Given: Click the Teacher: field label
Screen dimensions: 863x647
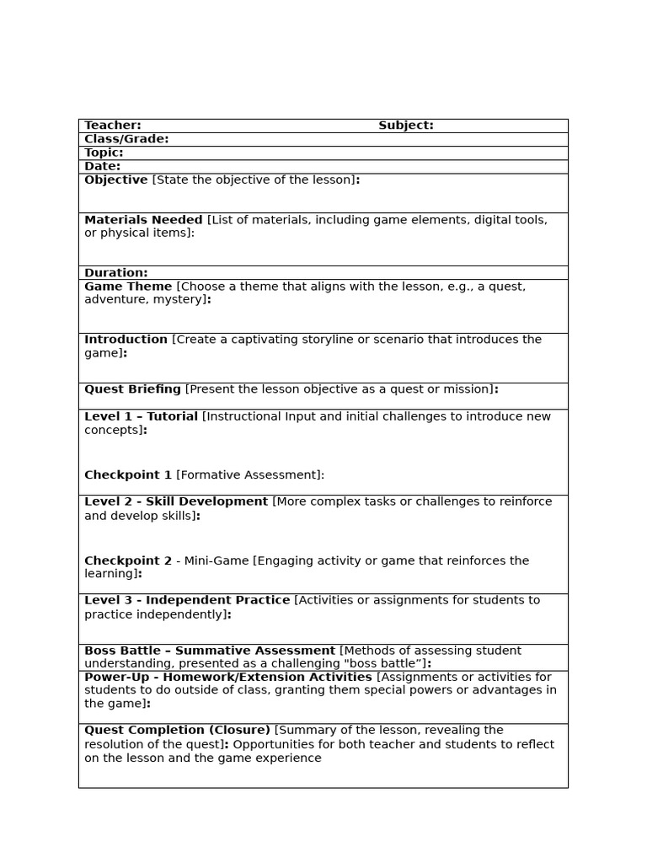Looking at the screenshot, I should pos(113,126).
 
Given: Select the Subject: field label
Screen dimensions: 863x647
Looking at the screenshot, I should pos(405,126).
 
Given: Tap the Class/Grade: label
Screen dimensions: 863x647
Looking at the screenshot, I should pos(126,139).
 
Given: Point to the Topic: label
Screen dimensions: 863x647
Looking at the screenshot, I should pos(104,153).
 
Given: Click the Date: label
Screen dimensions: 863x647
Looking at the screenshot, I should pos(102,166).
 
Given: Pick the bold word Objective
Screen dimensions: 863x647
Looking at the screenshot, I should pos(116,180).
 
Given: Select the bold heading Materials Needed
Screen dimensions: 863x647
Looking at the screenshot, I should pos(143,220).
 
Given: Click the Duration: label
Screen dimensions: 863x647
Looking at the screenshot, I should pos(115,273).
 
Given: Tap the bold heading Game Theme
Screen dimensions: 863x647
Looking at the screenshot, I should pos(128,287).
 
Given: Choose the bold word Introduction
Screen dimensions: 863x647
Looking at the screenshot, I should pos(126,340).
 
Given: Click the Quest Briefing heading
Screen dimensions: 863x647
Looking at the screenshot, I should pos(132,389).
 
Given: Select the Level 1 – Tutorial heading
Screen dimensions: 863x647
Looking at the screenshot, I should pos(141,416).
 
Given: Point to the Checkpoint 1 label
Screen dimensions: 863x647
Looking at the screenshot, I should pos(128,475).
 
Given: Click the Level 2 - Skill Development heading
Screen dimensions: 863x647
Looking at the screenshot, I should pos(176,501).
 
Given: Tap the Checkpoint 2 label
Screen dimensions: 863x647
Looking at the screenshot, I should pos(128,561).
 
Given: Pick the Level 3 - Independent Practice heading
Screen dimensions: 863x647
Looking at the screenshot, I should pos(187,600).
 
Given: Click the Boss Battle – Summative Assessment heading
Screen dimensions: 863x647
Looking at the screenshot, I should pos(210,651).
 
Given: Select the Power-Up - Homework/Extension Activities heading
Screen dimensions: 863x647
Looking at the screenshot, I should pos(227,677).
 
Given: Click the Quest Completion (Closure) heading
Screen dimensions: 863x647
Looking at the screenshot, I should pos(177,730).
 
